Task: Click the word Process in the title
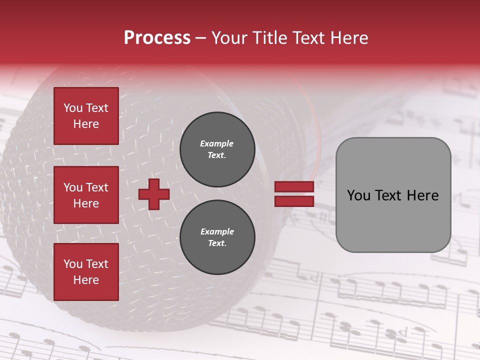[157, 38]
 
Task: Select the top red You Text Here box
[86, 116]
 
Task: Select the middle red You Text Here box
[86, 195]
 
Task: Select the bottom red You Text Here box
[86, 271]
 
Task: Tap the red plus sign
[153, 194]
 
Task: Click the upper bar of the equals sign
[294, 186]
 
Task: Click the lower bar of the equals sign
[294, 201]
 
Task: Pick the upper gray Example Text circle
[217, 149]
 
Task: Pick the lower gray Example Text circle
[217, 237]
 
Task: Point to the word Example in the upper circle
[216, 143]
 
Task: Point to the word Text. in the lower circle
[217, 243]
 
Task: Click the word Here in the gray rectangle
[422, 195]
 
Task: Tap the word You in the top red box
[72, 108]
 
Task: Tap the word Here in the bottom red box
[86, 280]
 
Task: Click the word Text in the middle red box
[97, 187]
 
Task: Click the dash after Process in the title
[200, 38]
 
